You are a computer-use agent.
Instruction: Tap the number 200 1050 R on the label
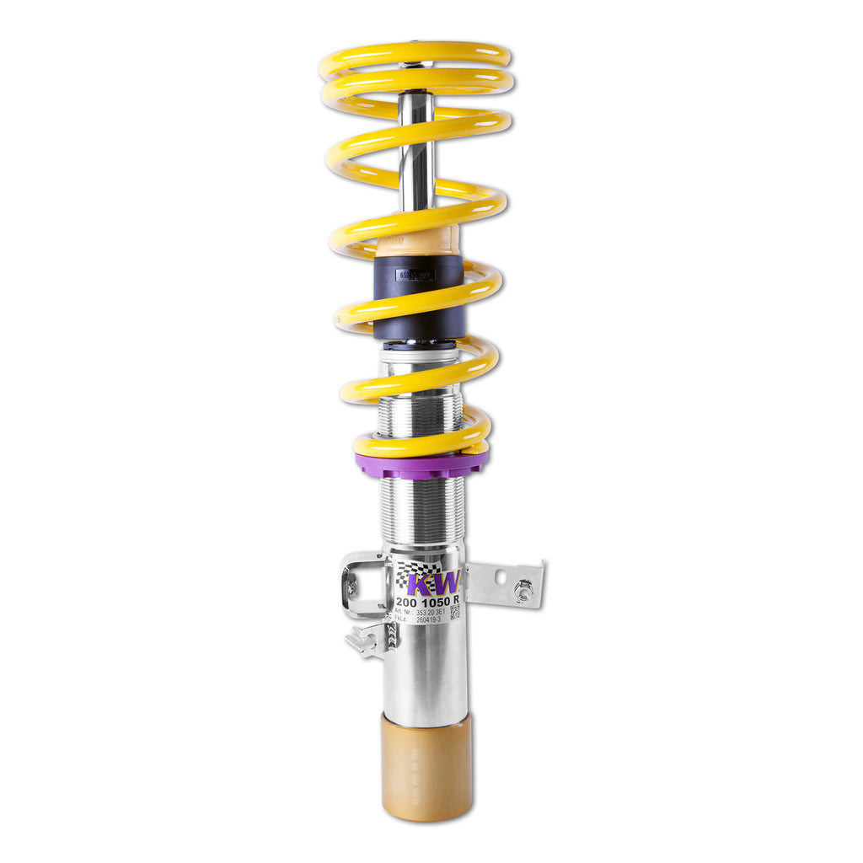426,600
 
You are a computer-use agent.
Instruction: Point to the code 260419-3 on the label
428,621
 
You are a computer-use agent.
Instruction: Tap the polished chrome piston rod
416,152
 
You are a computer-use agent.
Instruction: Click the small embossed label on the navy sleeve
415,275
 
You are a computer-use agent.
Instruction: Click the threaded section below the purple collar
421,510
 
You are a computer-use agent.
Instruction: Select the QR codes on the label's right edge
455,611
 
